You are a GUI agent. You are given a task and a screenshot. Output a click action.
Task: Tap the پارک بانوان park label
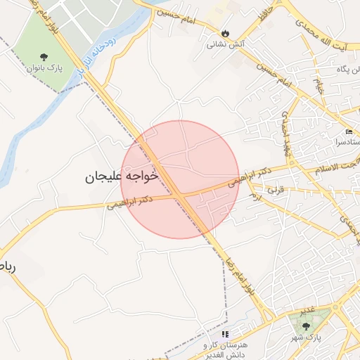pyautogui.click(x=46, y=69)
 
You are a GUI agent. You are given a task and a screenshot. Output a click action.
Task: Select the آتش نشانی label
pyautogui.click(x=221, y=44)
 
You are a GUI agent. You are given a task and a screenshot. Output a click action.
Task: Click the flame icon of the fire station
pyautogui.click(x=225, y=32)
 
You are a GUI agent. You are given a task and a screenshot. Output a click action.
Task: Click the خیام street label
pyautogui.click(x=319, y=86)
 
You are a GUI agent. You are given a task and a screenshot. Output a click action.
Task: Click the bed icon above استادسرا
pyautogui.click(x=349, y=132)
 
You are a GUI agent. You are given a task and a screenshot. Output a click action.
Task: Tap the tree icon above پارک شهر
pyautogui.click(x=305, y=326)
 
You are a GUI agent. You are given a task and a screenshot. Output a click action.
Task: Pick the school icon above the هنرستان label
pyautogui.click(x=225, y=335)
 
